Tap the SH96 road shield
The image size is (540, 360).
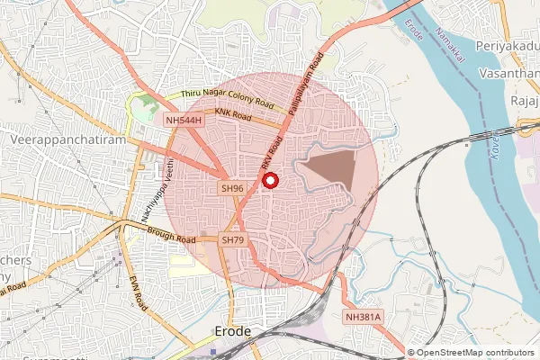232,188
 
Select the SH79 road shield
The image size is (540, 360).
233,239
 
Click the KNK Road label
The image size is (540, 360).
233,114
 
